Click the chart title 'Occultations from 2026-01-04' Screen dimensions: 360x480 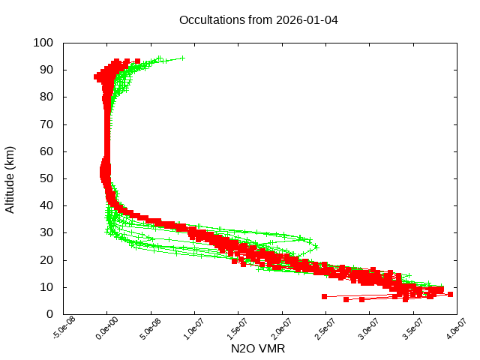point(259,19)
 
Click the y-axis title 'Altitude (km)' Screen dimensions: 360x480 point(10,178)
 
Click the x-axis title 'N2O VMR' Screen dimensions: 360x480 point(257,349)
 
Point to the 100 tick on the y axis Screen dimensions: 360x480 point(43,43)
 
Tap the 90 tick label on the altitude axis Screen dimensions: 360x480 point(46,70)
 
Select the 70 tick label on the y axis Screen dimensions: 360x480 point(46,124)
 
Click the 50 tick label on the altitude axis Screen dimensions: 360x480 point(46,178)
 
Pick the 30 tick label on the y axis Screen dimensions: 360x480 point(46,232)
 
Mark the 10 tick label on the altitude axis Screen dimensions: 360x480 point(46,287)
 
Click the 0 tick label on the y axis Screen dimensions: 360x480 point(49,314)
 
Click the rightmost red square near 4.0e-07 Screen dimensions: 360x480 point(450,295)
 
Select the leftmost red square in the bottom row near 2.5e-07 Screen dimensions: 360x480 point(324,296)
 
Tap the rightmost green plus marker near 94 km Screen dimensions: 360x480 point(182,58)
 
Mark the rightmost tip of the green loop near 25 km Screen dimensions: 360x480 point(317,247)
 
